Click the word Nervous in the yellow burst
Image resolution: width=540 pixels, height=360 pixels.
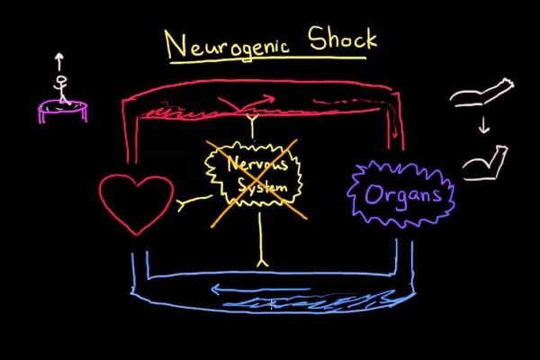coord(251,165)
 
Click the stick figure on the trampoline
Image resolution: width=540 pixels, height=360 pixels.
coord(61,91)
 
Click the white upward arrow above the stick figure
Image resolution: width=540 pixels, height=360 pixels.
coord(59,62)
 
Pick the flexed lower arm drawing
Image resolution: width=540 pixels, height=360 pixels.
coord(486,163)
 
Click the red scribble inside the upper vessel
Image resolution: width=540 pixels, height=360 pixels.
coord(189,113)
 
